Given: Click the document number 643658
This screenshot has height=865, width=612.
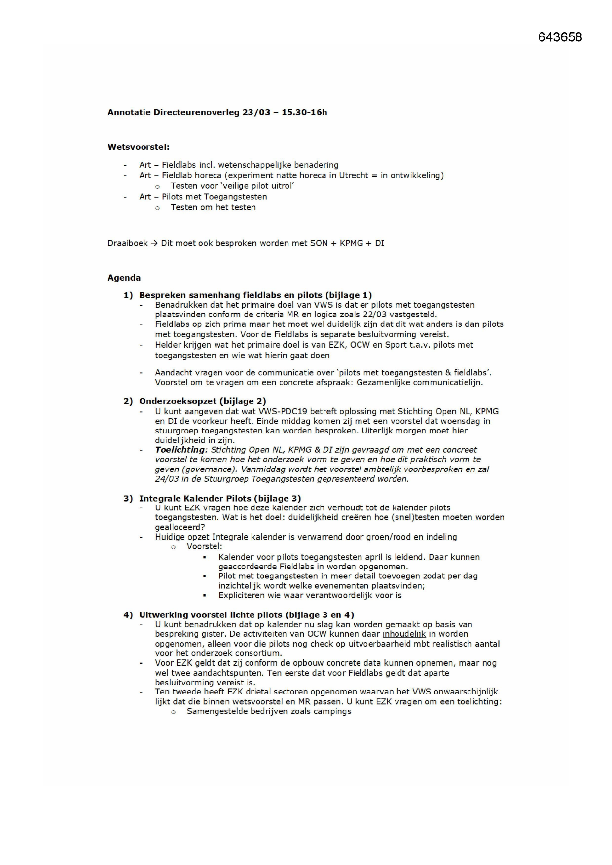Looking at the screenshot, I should pyautogui.click(x=560, y=37).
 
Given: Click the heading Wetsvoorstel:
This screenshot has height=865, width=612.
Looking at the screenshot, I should pyautogui.click(x=139, y=147).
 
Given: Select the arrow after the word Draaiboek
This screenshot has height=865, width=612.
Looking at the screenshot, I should pyautogui.click(x=154, y=243).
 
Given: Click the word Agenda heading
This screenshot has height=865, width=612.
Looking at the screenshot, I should pyautogui.click(x=124, y=278).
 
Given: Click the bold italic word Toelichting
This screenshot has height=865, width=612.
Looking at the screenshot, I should pyautogui.click(x=180, y=450).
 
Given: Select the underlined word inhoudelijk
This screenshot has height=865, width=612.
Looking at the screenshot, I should pyautogui.click(x=404, y=634).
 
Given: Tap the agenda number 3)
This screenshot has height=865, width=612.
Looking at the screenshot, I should pyautogui.click(x=128, y=498).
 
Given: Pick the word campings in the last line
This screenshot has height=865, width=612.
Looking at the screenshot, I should pyautogui.click(x=333, y=711).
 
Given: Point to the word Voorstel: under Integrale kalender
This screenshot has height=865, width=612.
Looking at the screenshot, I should pyautogui.click(x=204, y=546).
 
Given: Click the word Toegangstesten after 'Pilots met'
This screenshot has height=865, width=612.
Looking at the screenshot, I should pyautogui.click(x=235, y=197).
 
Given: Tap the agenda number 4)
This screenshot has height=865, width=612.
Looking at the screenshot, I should pyautogui.click(x=128, y=615).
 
